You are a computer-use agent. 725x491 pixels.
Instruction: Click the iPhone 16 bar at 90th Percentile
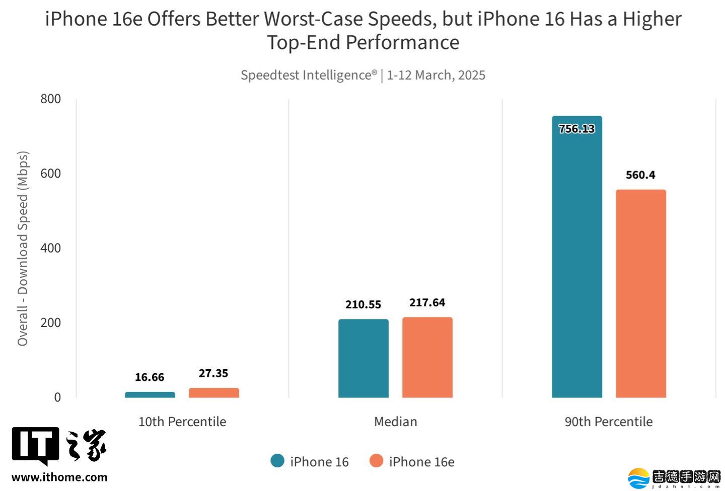coord(576,262)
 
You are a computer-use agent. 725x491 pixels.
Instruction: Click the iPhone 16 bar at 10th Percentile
coord(150,394)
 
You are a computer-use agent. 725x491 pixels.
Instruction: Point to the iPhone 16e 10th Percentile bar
coord(213,392)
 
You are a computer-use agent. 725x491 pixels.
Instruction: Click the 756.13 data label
coord(576,129)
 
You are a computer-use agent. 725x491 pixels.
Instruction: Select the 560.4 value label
coord(640,175)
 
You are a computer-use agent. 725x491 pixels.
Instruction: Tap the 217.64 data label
coord(427,302)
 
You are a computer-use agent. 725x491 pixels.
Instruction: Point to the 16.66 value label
coord(150,377)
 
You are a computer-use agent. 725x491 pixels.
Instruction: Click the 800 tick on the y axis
coord(50,99)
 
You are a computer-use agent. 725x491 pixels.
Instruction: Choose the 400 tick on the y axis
coord(50,248)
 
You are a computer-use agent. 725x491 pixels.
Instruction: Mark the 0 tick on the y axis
coord(57,397)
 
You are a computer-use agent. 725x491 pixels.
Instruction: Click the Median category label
coord(395,422)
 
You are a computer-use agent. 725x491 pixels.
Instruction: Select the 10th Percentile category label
coord(182,422)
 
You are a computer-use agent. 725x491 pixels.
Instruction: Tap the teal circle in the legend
coord(277,461)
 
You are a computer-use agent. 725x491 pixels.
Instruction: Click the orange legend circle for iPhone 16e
coord(376,461)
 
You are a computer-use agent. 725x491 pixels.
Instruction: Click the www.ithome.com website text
coord(59,477)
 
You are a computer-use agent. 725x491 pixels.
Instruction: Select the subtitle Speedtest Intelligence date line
coord(362,75)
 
